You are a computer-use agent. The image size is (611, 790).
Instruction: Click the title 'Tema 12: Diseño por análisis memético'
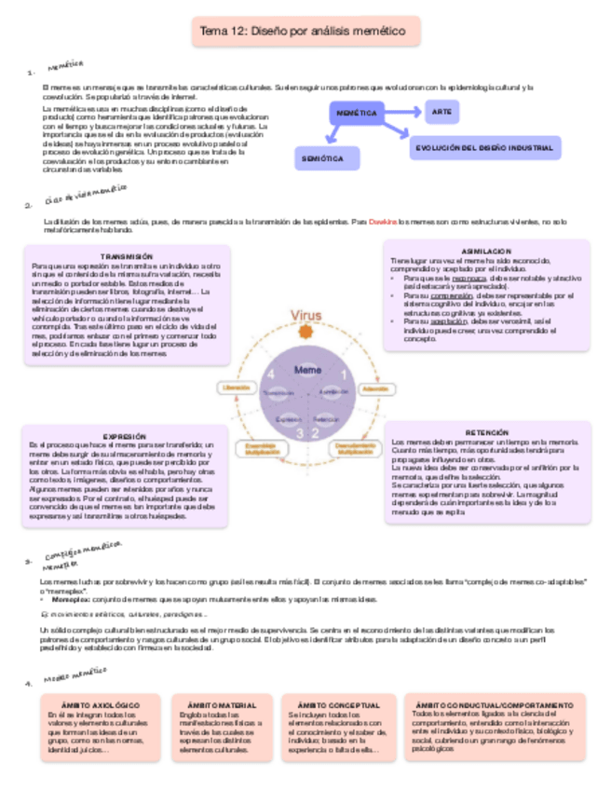[x=305, y=34]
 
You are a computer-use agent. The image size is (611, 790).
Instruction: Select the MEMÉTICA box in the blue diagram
[x=356, y=114]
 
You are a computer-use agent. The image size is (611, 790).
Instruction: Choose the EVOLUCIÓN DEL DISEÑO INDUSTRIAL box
[x=484, y=147]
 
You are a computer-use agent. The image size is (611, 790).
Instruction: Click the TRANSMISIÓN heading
[x=126, y=256]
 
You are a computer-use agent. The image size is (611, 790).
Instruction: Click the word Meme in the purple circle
[x=307, y=370]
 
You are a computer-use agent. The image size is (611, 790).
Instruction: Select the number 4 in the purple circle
[x=271, y=375]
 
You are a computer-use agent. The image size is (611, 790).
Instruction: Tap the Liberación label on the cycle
[x=236, y=387]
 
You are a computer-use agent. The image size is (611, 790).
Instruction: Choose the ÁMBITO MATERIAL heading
[x=222, y=705]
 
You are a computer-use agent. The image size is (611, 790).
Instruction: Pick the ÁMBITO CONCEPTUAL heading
[x=341, y=705]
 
